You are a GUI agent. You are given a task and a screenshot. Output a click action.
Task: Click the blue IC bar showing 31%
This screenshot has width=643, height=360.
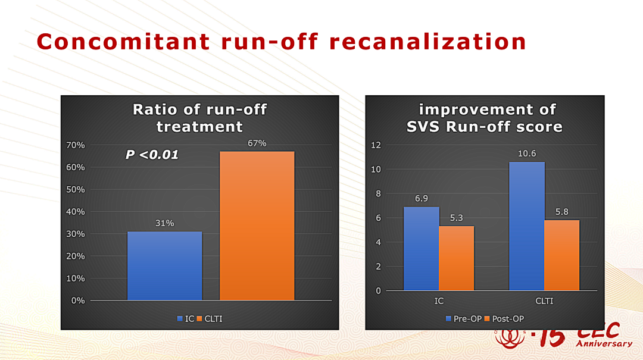(x=164, y=266)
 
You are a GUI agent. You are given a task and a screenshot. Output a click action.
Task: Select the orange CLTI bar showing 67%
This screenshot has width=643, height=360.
(x=257, y=226)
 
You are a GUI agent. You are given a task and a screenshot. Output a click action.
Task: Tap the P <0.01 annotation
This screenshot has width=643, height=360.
(x=152, y=155)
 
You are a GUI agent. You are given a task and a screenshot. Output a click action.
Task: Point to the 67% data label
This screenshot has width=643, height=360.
(x=257, y=143)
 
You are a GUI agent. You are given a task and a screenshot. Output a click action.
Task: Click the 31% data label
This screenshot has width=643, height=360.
(x=164, y=223)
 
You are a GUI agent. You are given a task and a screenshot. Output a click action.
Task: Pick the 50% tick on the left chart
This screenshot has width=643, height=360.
(x=76, y=189)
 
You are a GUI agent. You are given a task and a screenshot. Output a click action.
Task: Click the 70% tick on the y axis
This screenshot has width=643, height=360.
(x=76, y=145)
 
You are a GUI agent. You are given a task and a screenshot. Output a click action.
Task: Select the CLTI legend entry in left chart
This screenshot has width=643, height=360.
(x=210, y=318)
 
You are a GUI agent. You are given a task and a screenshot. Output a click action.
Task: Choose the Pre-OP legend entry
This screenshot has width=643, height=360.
(x=464, y=318)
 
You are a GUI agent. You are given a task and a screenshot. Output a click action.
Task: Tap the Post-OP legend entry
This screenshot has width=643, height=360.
(x=504, y=318)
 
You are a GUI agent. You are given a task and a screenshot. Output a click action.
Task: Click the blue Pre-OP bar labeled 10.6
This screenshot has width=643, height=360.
(x=526, y=226)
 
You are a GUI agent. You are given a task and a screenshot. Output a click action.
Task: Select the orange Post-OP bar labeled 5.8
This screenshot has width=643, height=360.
(x=562, y=255)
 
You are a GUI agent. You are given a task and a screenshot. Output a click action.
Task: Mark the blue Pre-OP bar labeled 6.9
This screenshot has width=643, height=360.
(x=421, y=249)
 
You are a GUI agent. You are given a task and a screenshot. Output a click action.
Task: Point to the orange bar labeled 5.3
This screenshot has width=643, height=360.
(x=457, y=258)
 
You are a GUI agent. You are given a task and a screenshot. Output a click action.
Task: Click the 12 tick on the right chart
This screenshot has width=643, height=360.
(x=376, y=145)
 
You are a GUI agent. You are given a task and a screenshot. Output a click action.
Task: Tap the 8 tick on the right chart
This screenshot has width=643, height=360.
(x=378, y=193)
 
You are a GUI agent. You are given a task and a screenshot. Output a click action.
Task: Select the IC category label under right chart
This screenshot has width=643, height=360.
(x=439, y=301)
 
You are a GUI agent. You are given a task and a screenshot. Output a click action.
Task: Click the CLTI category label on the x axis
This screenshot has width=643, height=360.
(x=544, y=301)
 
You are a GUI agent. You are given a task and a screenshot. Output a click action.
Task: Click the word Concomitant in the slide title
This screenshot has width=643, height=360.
(x=123, y=42)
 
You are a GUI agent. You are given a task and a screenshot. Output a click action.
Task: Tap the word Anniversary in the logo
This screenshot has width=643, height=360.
(x=604, y=343)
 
